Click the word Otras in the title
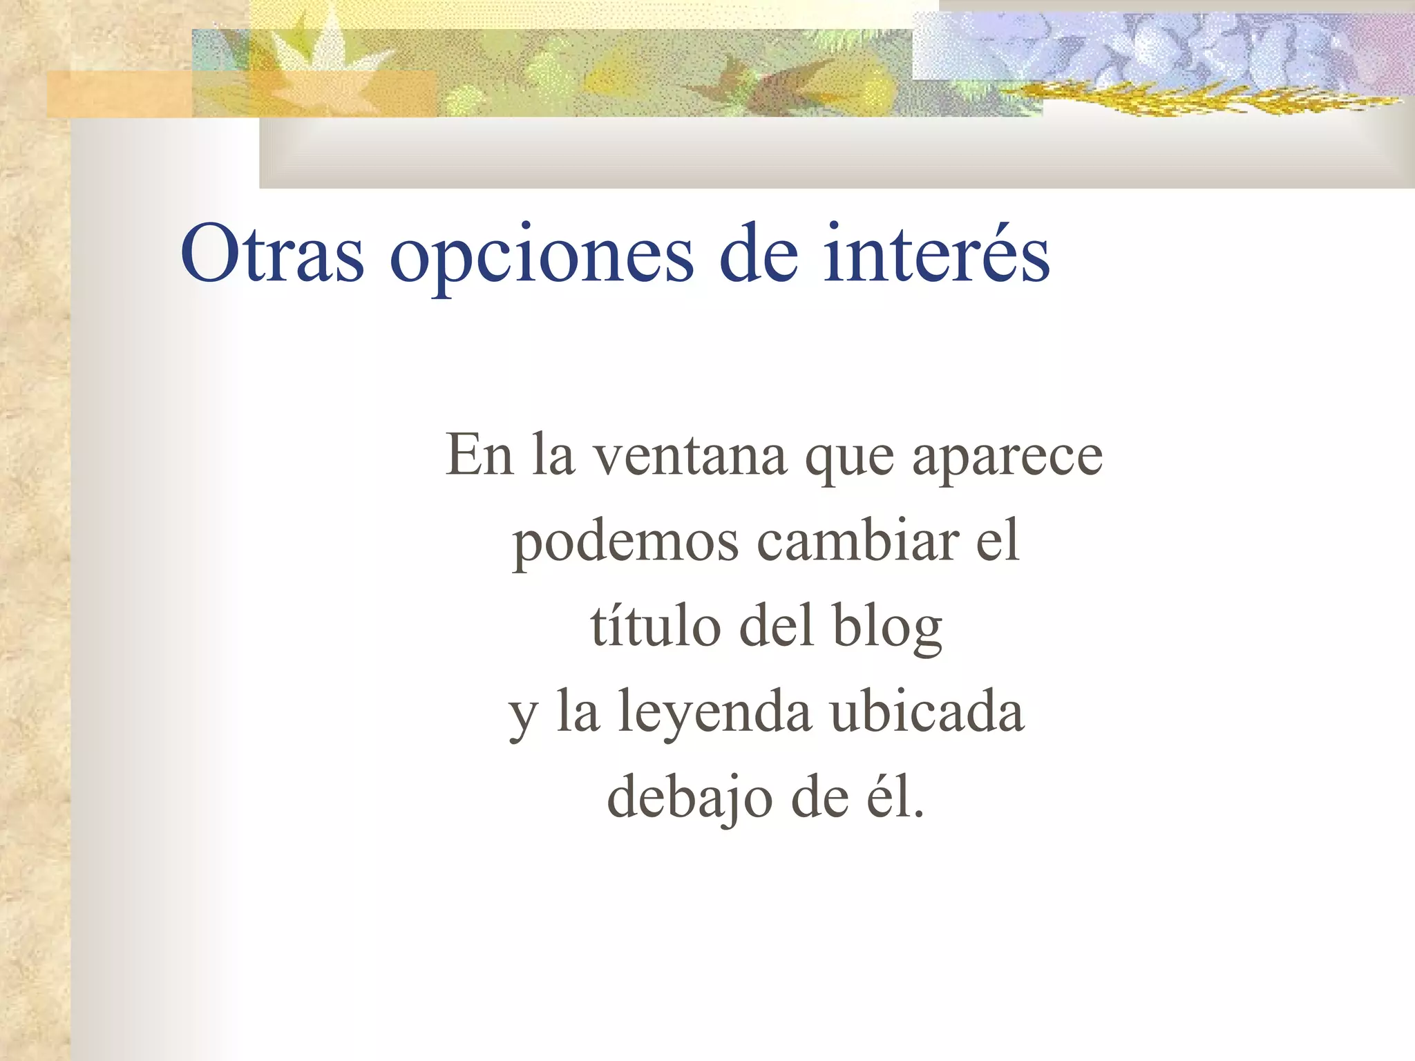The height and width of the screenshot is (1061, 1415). point(272,255)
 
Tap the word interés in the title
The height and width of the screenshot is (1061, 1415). point(936,254)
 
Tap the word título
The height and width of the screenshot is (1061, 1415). point(656,626)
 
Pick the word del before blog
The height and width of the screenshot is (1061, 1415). point(776,626)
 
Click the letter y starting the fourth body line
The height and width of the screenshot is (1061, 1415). point(523,718)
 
